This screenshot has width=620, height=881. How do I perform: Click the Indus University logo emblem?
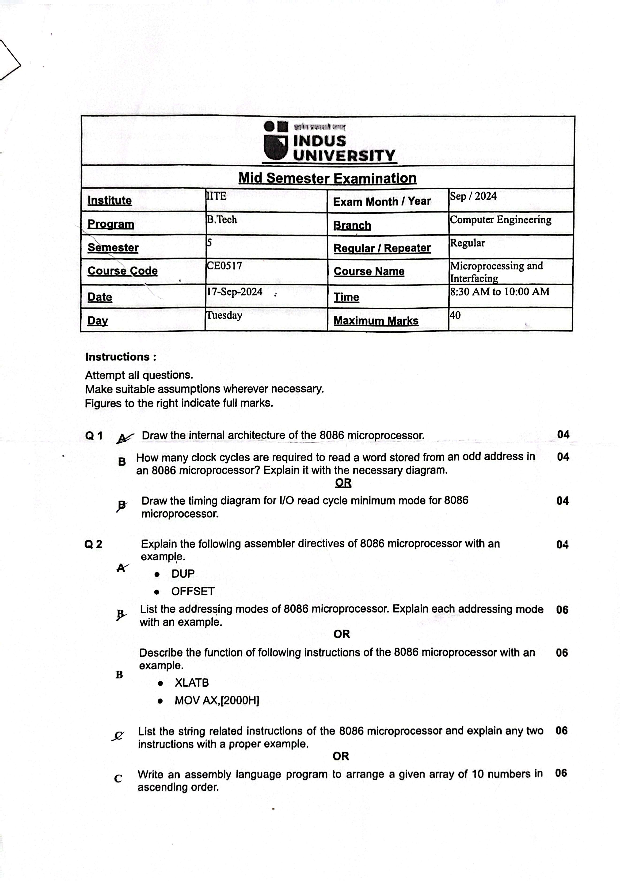click(275, 141)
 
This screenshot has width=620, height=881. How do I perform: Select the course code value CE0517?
click(224, 266)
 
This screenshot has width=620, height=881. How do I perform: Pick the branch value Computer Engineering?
click(500, 220)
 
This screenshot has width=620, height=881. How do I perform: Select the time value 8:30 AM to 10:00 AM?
click(499, 292)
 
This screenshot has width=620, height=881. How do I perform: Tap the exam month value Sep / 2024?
click(473, 196)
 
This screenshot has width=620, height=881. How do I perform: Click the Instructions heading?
click(121, 357)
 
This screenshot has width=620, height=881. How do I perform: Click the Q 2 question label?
click(93, 544)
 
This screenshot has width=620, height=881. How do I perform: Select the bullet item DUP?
click(183, 574)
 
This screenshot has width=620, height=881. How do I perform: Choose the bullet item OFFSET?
click(193, 591)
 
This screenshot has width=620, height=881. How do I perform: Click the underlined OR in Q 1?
click(343, 483)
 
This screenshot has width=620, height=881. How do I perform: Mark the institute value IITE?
click(216, 196)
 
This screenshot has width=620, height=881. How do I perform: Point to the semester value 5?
click(209, 243)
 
